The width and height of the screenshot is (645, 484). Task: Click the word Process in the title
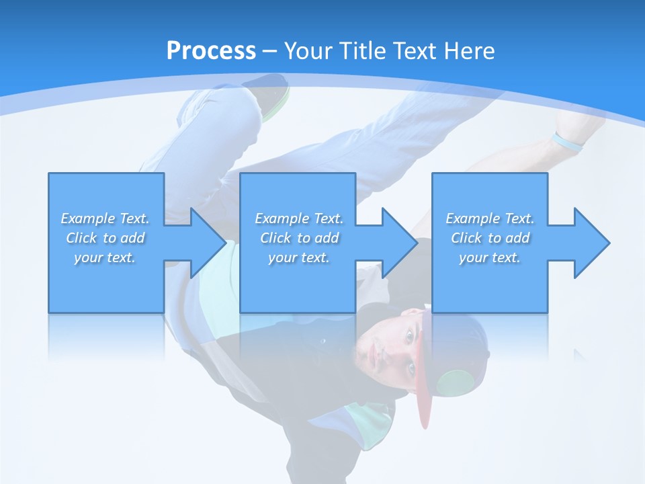click(211, 51)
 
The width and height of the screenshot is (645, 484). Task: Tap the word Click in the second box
click(275, 238)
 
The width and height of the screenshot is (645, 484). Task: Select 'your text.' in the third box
click(490, 257)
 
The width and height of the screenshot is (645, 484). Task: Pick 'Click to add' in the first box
click(105, 238)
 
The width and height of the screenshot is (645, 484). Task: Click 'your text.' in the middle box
click(299, 257)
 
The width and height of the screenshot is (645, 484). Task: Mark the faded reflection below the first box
click(106, 336)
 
